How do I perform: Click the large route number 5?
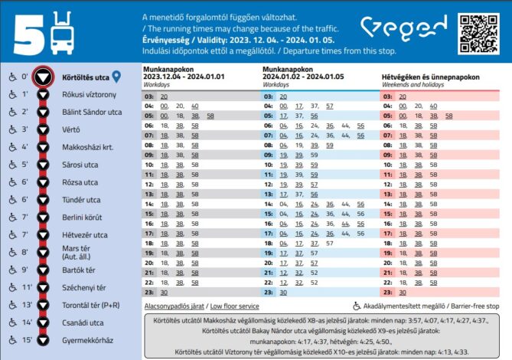point(24,32)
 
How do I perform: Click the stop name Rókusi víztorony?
point(89,94)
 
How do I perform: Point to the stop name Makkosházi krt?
point(87,146)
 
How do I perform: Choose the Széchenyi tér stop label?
point(86,287)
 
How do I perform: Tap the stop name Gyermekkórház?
point(87,340)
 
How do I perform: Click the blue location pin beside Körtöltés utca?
point(117,77)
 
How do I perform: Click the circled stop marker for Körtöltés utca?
point(46,77)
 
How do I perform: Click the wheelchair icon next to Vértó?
point(12,129)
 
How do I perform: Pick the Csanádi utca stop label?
point(85,322)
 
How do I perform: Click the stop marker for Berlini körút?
point(46,218)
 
